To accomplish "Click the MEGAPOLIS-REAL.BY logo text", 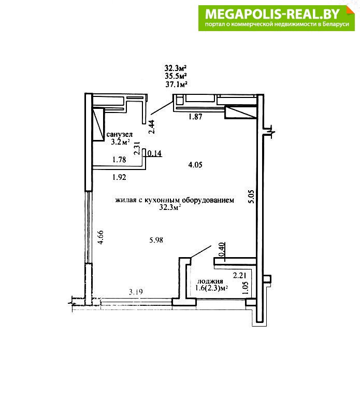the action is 272,14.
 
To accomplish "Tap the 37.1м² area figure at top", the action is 176,84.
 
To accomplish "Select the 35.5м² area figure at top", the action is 176,76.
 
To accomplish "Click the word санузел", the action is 119,135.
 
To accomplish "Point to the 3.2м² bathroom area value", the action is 120,143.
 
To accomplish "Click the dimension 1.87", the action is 195,117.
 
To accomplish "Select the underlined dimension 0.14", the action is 154,153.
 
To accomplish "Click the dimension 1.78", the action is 119,160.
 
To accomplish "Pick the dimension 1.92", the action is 119,177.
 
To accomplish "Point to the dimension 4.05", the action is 195,165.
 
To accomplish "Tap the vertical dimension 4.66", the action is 100,237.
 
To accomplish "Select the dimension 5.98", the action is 156,241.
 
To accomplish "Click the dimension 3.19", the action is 136,292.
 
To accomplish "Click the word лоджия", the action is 210,281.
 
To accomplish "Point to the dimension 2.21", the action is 239,276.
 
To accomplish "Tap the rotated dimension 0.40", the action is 222,250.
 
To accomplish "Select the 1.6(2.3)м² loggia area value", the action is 211,288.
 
